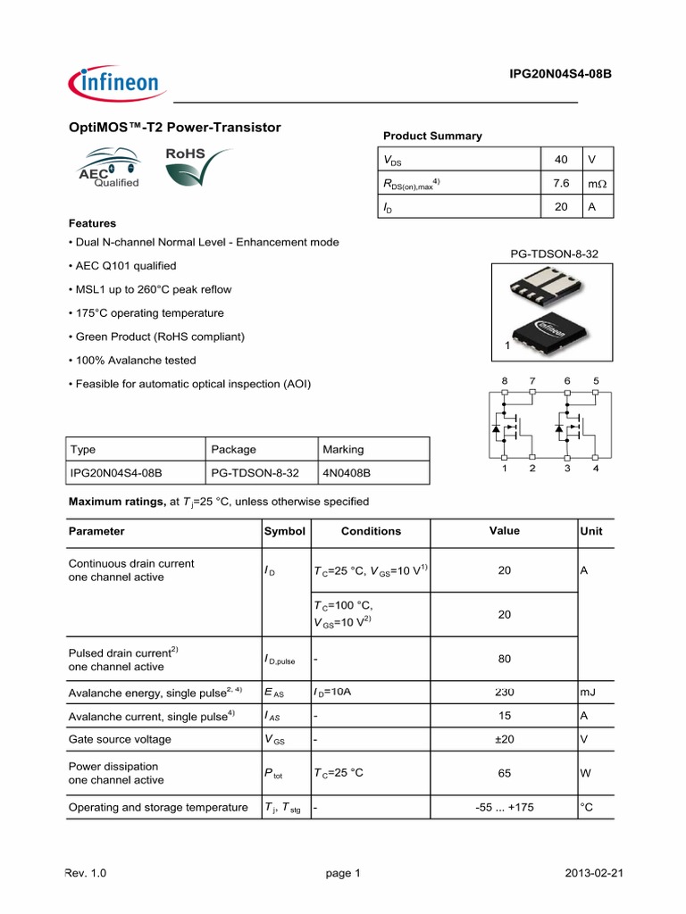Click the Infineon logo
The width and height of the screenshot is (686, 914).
pos(114,84)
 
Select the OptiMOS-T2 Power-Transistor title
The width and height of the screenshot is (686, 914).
pos(175,128)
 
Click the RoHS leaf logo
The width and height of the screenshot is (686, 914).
pos(196,169)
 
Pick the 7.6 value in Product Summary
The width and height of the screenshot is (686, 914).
pos(561,183)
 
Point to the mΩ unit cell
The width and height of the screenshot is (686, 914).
pos(596,183)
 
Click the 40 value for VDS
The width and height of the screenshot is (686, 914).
pos(561,160)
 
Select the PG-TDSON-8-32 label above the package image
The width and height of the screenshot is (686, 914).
pos(555,253)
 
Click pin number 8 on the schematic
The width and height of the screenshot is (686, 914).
pos(504,381)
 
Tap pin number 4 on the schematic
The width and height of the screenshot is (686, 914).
pos(596,469)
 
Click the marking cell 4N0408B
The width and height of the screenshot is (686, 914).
pos(347,472)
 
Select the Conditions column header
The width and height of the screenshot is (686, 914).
pos(371,531)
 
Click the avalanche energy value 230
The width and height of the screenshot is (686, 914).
pos(505,693)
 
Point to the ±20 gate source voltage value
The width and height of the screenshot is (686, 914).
pos(505,739)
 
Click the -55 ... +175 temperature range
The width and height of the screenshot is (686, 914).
pos(505,808)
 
